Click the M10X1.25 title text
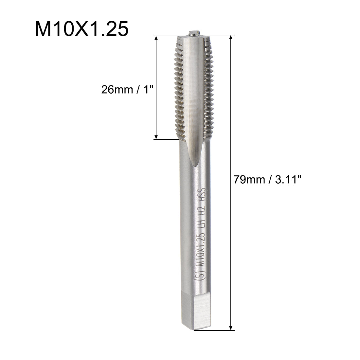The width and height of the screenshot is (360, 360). [x=81, y=29]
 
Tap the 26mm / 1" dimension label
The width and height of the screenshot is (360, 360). [x=127, y=89]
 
